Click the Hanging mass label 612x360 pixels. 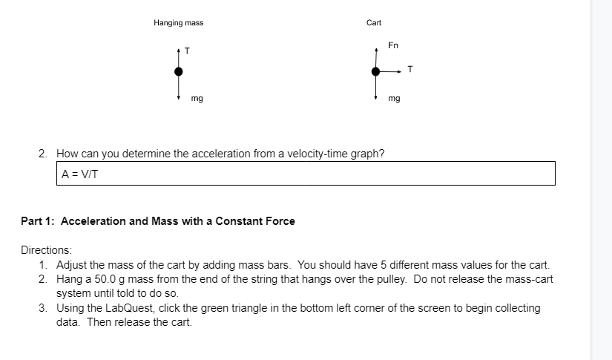pyautogui.click(x=178, y=23)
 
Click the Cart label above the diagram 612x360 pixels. pyautogui.click(x=374, y=23)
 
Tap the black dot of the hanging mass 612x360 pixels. pyautogui.click(x=179, y=71)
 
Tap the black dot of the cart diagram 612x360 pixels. pyautogui.click(x=376, y=71)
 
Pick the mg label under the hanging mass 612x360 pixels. pyautogui.click(x=197, y=98)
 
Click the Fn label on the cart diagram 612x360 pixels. pyautogui.click(x=393, y=46)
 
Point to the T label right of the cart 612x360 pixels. pyautogui.click(x=410, y=71)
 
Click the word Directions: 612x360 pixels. pyautogui.click(x=46, y=252)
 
